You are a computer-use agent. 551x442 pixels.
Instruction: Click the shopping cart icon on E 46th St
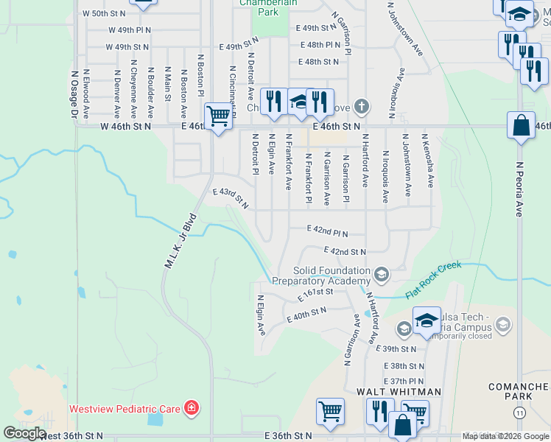218,116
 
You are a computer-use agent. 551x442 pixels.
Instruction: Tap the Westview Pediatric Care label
125,408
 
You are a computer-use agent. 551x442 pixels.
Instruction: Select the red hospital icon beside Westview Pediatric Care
192,407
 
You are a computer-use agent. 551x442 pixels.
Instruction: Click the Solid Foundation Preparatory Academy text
321,276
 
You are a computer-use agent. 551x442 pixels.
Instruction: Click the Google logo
24,434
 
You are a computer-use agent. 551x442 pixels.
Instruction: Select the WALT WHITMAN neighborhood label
399,391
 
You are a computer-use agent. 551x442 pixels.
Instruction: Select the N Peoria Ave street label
519,189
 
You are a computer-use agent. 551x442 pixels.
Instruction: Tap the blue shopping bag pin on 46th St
521,126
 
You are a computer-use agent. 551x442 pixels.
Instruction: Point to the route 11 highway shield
521,415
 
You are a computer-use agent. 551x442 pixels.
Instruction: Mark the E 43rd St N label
231,197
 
